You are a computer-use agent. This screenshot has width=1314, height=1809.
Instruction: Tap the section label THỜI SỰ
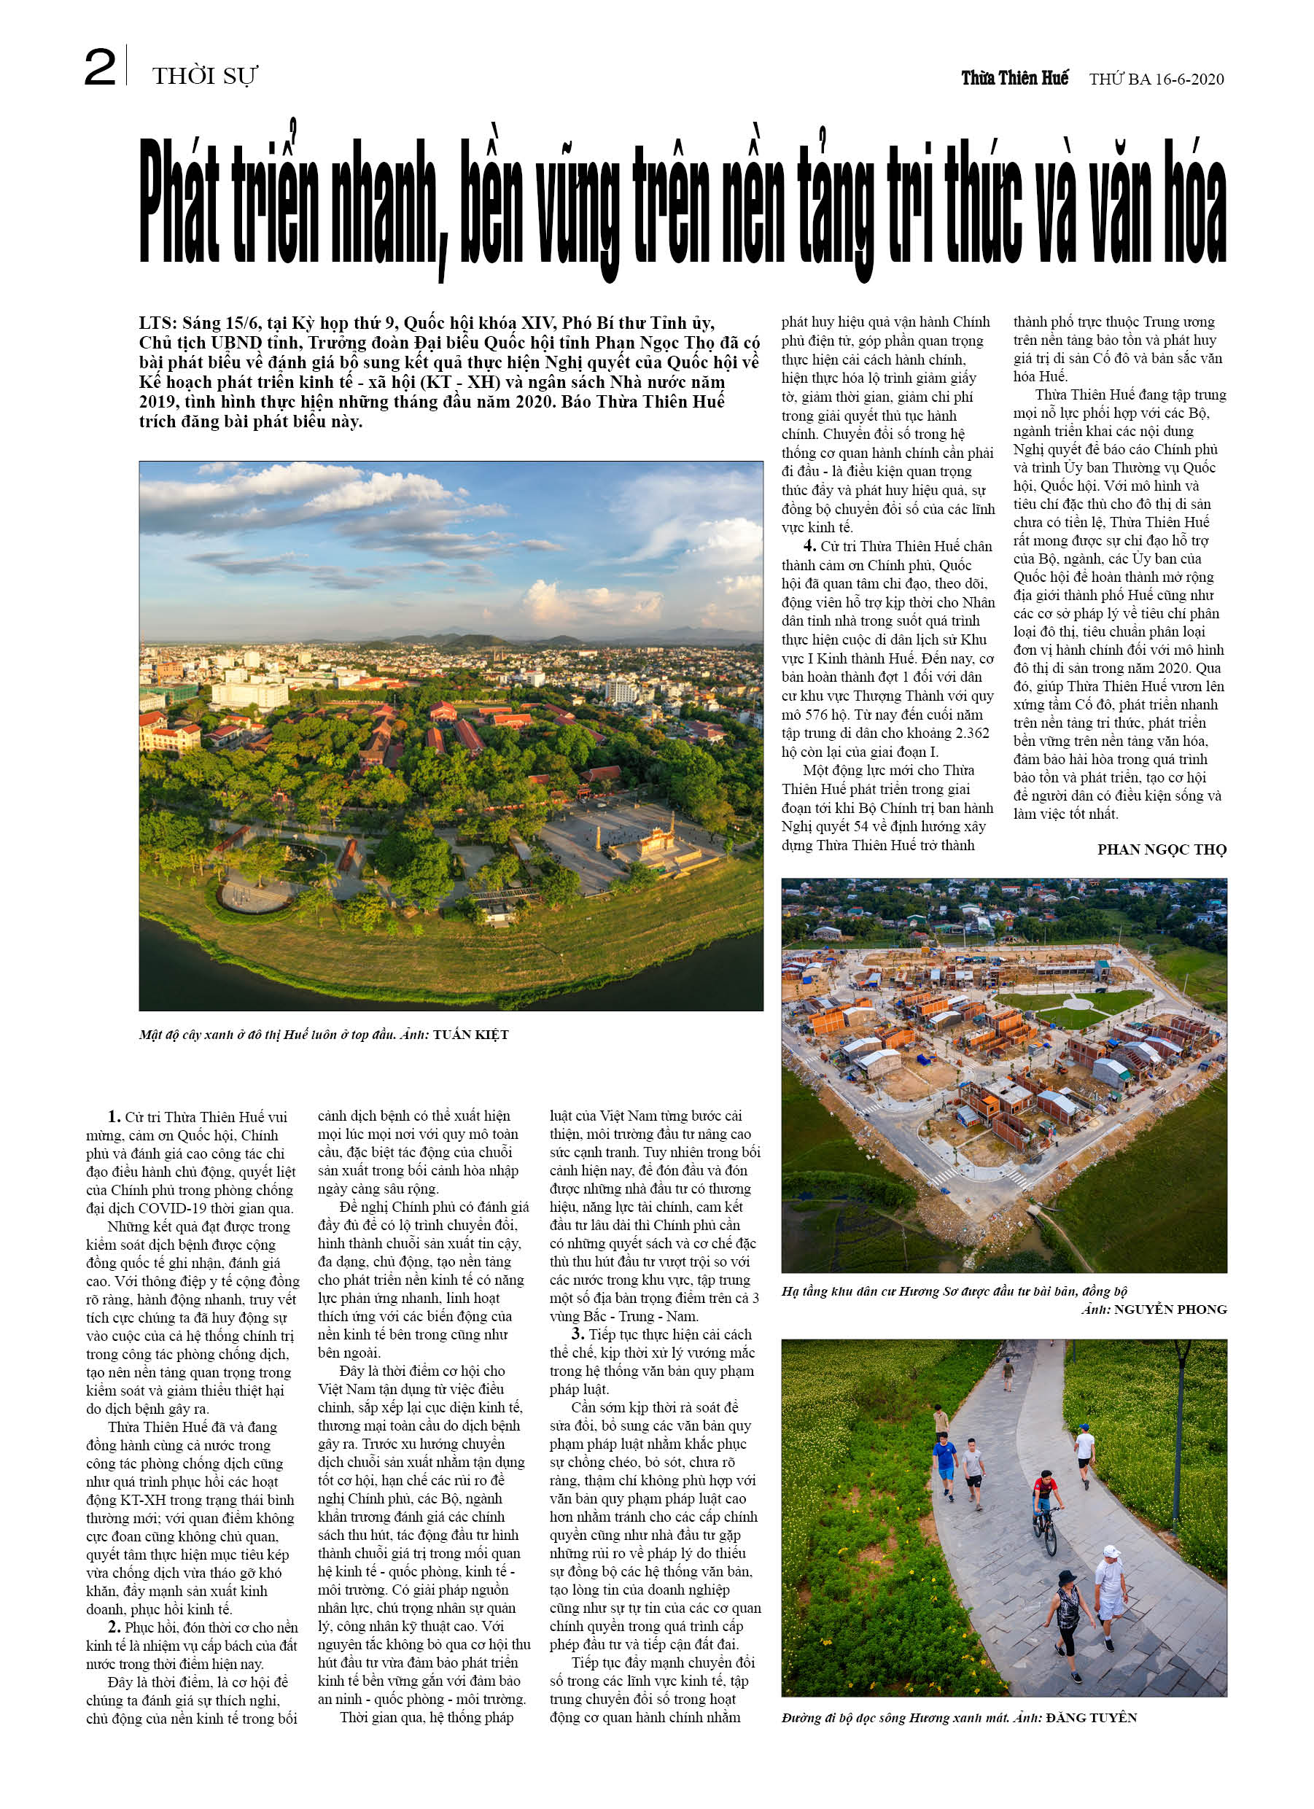click(205, 77)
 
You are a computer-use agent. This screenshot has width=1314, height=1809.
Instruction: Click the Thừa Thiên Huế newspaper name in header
click(1014, 78)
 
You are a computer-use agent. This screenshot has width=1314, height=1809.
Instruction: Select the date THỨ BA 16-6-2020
click(1156, 79)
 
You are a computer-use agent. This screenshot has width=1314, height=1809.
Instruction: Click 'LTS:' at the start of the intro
click(158, 324)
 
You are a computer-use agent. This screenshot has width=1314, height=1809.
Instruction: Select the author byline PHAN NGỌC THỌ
click(1162, 849)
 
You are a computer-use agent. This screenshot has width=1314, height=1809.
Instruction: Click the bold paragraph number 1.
click(114, 1116)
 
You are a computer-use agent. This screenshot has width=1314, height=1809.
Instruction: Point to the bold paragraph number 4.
click(810, 546)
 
